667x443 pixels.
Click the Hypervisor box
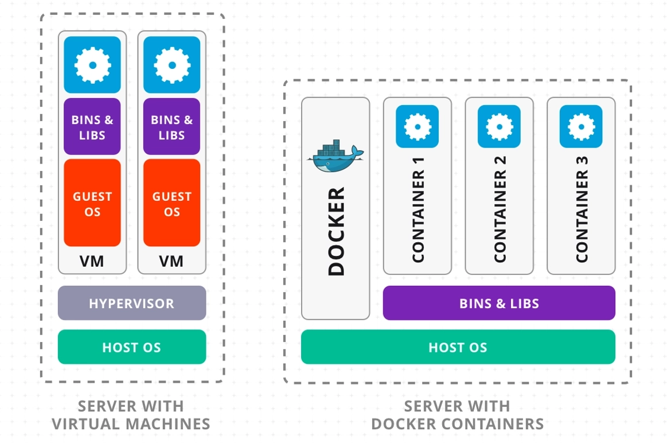[x=132, y=303]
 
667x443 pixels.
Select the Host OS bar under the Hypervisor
[x=132, y=347]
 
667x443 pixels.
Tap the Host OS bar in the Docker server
[x=458, y=347]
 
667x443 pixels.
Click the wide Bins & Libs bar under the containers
[x=499, y=303]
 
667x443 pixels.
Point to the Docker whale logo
[x=335, y=157]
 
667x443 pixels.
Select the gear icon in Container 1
[x=417, y=127]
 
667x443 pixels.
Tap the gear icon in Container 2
[x=499, y=127]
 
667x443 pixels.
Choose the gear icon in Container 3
[x=581, y=127]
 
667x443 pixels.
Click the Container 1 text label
[x=418, y=209]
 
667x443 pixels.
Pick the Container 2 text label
[x=500, y=209]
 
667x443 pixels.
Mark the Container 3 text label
[x=582, y=209]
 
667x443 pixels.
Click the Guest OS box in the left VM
[x=92, y=204]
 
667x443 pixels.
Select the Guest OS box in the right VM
[x=171, y=204]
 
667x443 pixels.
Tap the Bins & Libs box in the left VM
[x=92, y=127]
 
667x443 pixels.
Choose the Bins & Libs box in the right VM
[x=171, y=127]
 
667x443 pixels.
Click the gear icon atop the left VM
[x=92, y=65]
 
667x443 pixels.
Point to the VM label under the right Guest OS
[x=171, y=262]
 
